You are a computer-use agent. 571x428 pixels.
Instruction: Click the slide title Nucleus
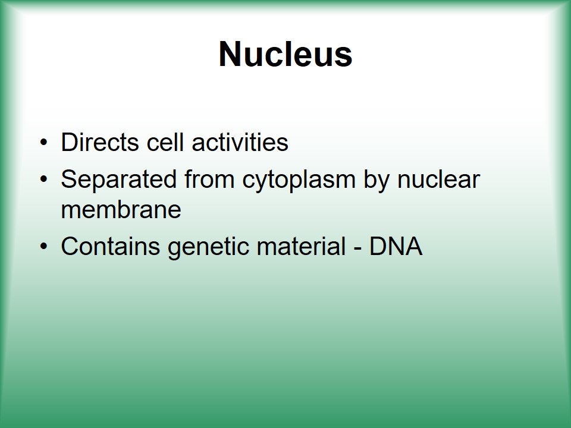(285, 54)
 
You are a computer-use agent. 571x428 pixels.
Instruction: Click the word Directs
(100, 142)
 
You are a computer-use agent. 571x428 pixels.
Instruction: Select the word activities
(240, 142)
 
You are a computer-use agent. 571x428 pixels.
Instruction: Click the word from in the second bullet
(209, 180)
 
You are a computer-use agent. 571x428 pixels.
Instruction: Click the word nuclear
(438, 180)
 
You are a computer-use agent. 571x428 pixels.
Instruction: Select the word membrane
(121, 210)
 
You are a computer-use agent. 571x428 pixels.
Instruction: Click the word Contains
(111, 246)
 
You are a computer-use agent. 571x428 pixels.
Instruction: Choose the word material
(301, 246)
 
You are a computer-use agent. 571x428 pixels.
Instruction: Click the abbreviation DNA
(396, 246)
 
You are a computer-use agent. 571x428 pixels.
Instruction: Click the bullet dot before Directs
(43, 143)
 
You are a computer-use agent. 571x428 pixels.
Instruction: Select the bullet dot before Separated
(43, 180)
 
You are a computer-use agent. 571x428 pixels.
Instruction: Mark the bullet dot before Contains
(43, 247)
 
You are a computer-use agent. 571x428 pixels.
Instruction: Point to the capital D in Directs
(70, 142)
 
